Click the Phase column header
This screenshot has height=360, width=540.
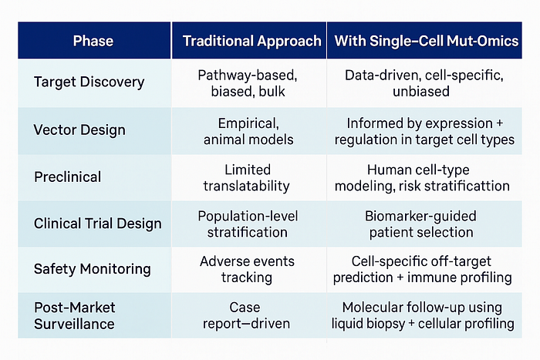(93, 41)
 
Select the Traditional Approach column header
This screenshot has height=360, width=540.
(251, 41)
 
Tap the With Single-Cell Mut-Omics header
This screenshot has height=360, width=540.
(427, 41)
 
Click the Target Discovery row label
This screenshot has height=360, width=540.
(89, 82)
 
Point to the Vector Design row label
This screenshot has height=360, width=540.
(79, 130)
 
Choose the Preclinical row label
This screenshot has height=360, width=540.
(68, 177)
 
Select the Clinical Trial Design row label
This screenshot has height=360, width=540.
(98, 224)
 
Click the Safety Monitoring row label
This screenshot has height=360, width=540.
(93, 269)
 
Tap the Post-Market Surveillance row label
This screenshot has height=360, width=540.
(74, 315)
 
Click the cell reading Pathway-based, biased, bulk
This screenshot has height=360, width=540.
(248, 83)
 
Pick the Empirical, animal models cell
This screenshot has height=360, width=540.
(248, 131)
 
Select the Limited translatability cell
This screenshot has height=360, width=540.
(247, 177)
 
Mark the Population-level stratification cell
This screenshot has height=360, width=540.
(248, 224)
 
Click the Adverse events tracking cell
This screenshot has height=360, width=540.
(247, 269)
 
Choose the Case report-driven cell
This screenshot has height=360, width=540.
(246, 315)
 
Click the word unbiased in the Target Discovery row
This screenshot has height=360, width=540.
(421, 92)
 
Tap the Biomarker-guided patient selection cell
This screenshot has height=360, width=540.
(421, 224)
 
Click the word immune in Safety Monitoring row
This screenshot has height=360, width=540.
(429, 278)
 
